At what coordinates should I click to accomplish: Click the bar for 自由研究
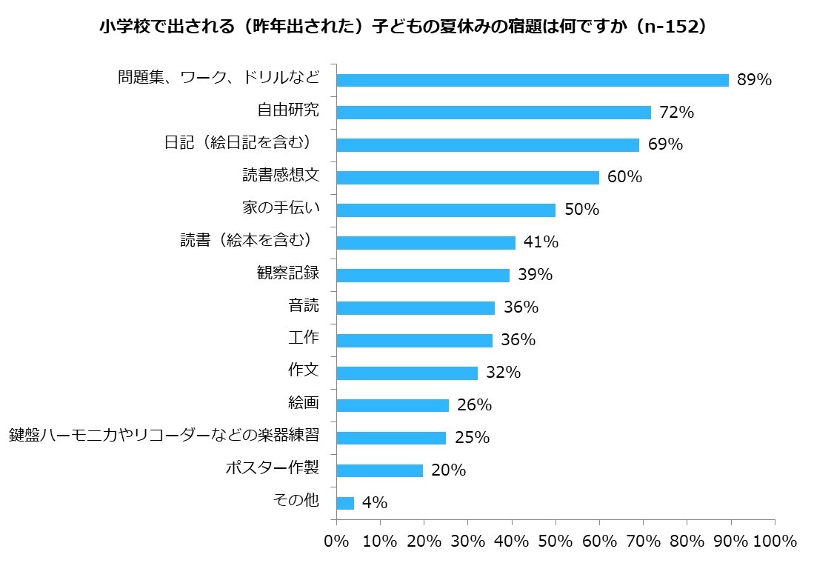pos(493,113)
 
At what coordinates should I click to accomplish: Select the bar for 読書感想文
pos(467,178)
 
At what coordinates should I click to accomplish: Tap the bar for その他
pos(345,503)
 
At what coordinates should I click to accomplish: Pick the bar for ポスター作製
pos(379,470)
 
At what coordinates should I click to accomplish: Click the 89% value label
pos(754,80)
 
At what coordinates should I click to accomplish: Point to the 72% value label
pos(675,113)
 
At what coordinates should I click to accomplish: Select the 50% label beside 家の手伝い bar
pos(581,210)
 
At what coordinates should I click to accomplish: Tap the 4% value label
pos(375,503)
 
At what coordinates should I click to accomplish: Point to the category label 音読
pos(304,306)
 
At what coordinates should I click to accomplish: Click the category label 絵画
pos(304,404)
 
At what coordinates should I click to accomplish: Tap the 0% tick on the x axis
pos(337,541)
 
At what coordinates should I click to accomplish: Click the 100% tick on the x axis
pos(773,541)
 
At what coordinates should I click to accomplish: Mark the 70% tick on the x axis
pos(644,541)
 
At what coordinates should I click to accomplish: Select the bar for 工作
pos(414,340)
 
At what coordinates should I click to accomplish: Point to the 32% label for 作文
pos(503,373)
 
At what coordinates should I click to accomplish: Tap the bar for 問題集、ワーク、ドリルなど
pos(533,80)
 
